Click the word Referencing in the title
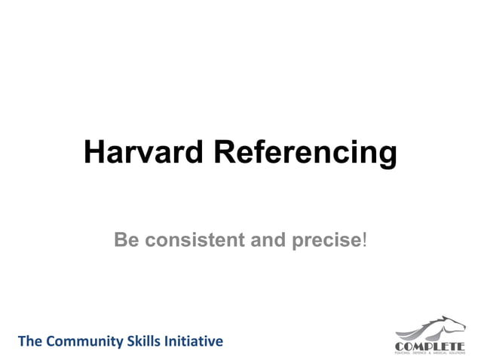(x=305, y=154)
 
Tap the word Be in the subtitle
(x=127, y=240)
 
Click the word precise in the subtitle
(x=325, y=241)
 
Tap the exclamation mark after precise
(x=366, y=240)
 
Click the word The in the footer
(x=29, y=341)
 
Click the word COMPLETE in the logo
(x=430, y=346)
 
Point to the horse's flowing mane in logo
(x=422, y=330)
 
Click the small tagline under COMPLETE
(x=430, y=352)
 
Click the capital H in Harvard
(x=93, y=152)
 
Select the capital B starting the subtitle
(x=121, y=240)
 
